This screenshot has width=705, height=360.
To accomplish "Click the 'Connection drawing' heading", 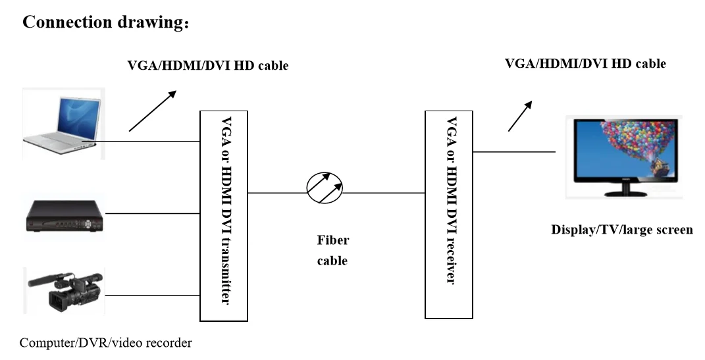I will tap(105, 22).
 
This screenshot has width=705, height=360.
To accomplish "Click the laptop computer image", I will tap(63, 121).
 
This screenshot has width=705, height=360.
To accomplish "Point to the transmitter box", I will tap(224, 215).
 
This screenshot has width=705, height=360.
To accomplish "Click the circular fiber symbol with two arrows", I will tap(325, 189).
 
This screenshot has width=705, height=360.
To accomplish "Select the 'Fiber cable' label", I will tap(332, 250).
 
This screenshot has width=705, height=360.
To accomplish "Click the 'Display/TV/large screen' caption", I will tap(621, 230).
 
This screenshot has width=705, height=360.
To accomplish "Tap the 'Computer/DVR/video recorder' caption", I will tap(105, 343).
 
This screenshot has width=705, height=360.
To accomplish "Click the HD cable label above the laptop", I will tap(207, 66).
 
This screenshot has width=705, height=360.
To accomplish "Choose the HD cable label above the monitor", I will tap(585, 64).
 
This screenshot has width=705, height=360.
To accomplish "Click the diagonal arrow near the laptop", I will tap(153, 111).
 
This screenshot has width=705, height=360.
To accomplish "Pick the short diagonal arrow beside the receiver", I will tap(519, 116).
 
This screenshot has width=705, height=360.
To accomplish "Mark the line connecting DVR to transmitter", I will tap(151, 213).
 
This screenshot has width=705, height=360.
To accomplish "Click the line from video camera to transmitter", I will tap(151, 296).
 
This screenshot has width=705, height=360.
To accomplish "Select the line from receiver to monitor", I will tap(513, 152).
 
